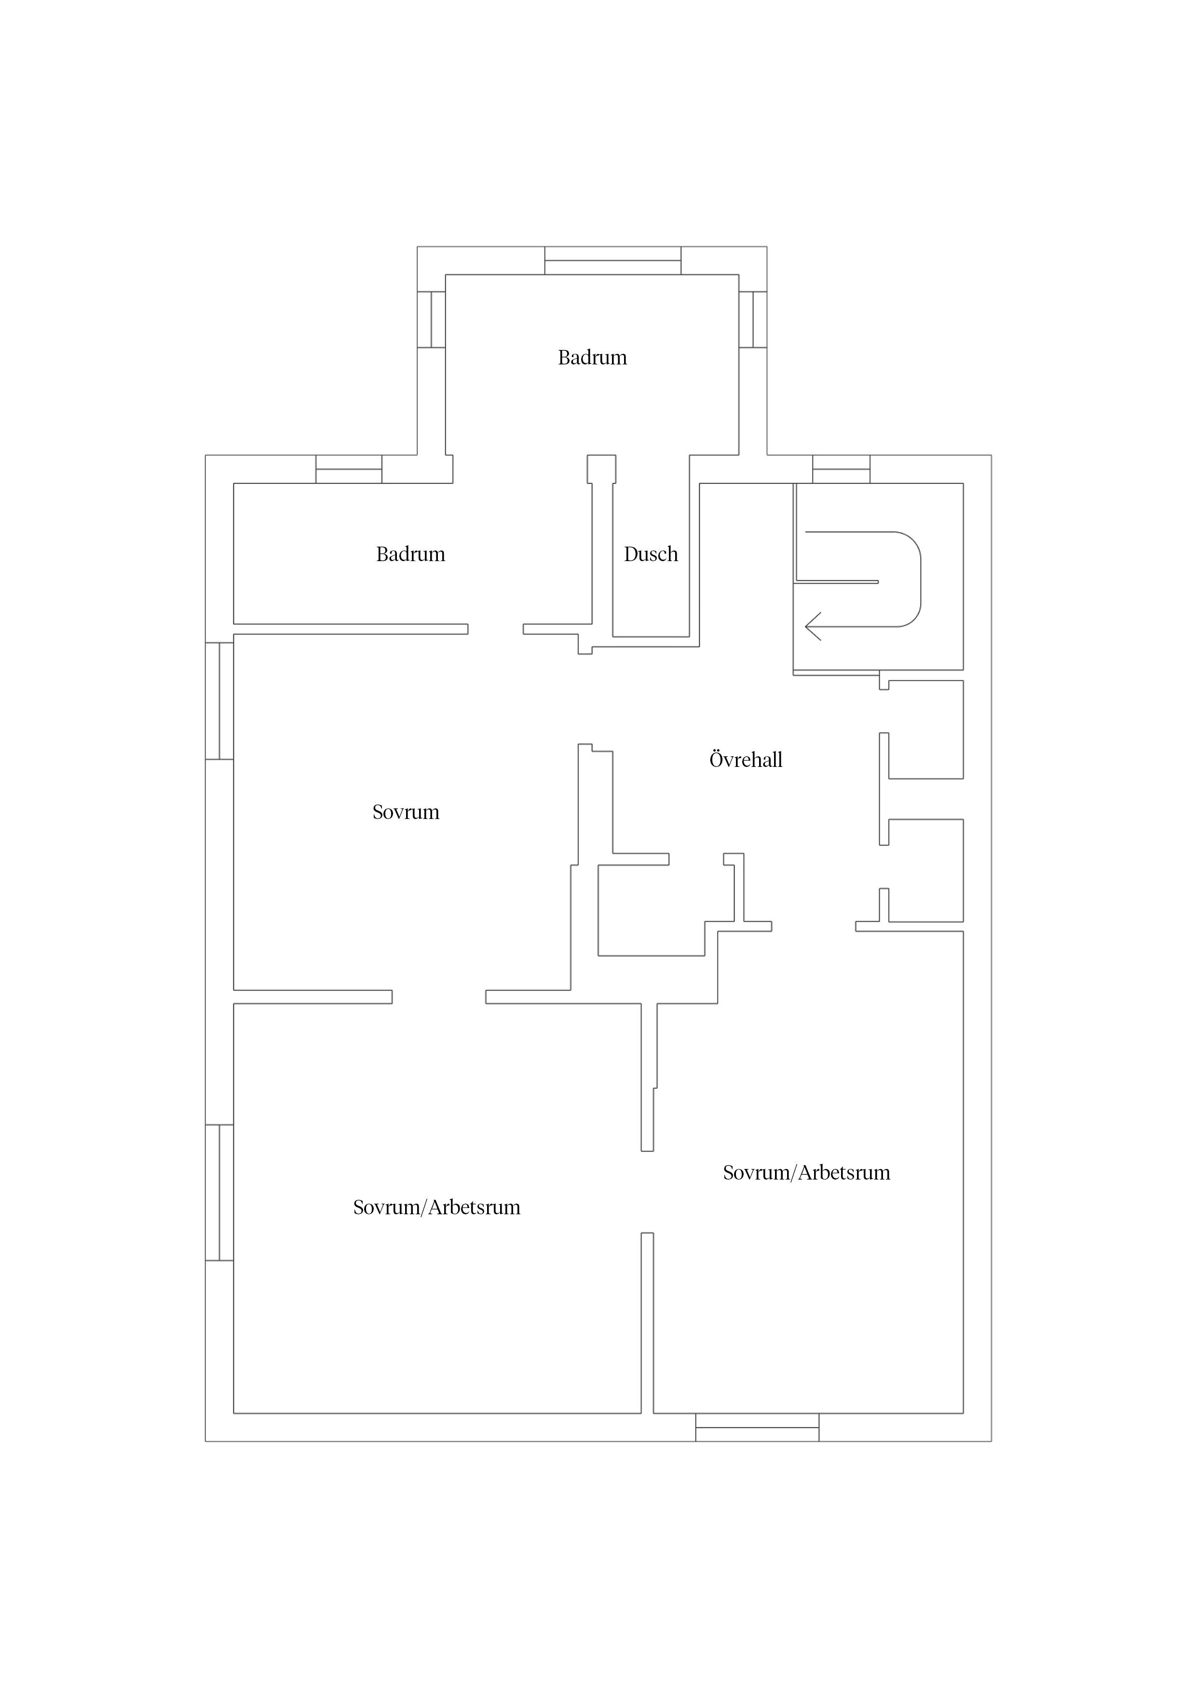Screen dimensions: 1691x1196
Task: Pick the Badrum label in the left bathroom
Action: [410, 554]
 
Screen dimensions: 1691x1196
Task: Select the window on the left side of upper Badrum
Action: [431, 319]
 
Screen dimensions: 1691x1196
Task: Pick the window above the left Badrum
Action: [349, 469]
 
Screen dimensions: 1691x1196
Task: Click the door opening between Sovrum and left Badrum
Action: [495, 629]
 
